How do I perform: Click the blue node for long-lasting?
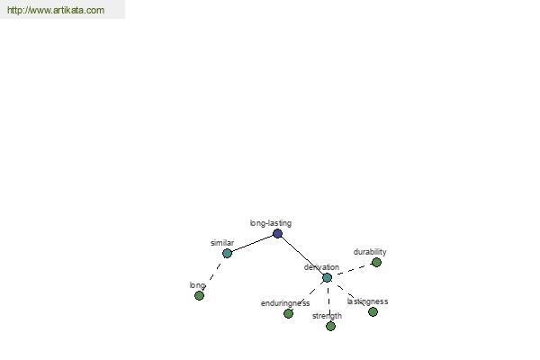click(277, 234)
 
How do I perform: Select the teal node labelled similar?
click(227, 254)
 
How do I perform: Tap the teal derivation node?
click(328, 277)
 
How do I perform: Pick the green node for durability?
click(376, 263)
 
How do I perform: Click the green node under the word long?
click(199, 295)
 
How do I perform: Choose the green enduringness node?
click(288, 313)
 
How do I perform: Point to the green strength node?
click(330, 326)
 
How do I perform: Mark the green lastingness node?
click(373, 311)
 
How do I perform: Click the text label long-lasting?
click(271, 223)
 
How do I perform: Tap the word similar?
click(222, 243)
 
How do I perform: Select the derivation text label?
click(321, 267)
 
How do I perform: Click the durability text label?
click(370, 252)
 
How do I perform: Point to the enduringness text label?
click(285, 303)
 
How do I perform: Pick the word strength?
click(328, 316)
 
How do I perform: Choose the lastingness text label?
click(367, 301)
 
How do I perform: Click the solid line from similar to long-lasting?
click(252, 244)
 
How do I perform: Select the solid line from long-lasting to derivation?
click(302, 256)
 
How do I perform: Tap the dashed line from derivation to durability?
click(352, 270)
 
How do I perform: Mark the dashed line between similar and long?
click(213, 274)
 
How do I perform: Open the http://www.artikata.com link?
click(56, 10)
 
